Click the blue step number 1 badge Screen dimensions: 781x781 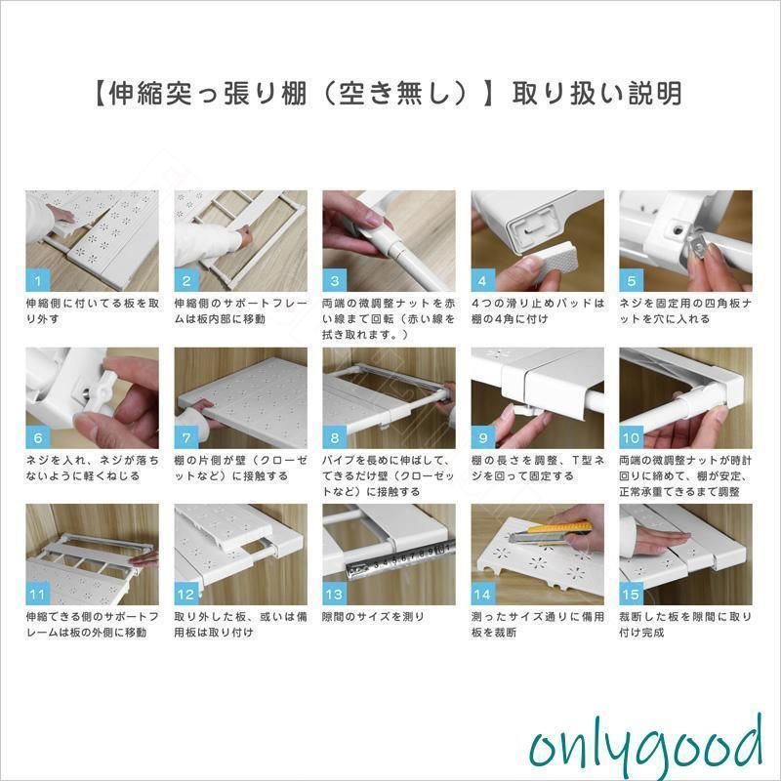point(38,280)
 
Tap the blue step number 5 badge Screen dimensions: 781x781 point(631,280)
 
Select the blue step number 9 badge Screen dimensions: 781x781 point(482,437)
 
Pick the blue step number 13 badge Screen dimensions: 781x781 point(334,594)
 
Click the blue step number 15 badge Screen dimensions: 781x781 point(631,594)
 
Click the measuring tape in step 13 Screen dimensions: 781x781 point(398,558)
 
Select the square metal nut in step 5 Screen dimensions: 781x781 point(700,243)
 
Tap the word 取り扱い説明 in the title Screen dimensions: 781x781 point(596,93)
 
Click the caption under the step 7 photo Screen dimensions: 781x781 point(240,468)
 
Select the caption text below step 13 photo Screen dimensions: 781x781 point(373,617)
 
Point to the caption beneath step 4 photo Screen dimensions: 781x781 point(538,310)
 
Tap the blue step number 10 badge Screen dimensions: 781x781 point(631,437)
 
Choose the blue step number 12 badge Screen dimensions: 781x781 point(186,594)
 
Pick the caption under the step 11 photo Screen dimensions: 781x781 point(93,625)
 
